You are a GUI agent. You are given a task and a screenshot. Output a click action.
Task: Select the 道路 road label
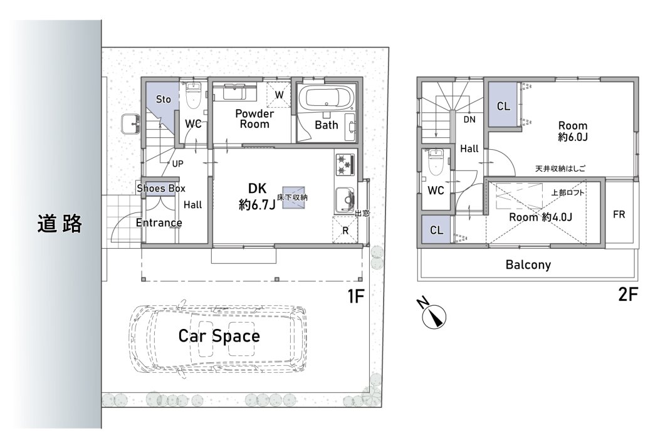59,224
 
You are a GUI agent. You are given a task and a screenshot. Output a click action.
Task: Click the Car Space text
219,336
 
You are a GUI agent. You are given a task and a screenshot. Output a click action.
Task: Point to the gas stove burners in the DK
345,165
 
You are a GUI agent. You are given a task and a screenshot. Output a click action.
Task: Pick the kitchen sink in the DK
345,199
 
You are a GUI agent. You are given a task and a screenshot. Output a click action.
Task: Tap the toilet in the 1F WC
194,96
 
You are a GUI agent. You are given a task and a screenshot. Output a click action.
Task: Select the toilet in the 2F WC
435,162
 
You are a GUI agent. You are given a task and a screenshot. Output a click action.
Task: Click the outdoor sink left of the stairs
130,124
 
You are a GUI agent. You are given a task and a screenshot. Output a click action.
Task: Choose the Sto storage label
164,99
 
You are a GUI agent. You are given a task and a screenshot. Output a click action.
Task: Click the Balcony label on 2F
528,265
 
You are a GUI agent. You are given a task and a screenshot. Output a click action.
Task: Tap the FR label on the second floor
619,214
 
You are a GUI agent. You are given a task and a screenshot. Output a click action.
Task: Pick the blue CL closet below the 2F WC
436,229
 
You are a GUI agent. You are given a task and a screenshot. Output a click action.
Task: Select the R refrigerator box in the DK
345,230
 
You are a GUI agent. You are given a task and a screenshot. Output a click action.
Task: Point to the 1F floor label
356,296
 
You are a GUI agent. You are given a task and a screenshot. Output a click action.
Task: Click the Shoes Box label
161,188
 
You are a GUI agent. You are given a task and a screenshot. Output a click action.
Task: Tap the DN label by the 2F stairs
469,120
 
